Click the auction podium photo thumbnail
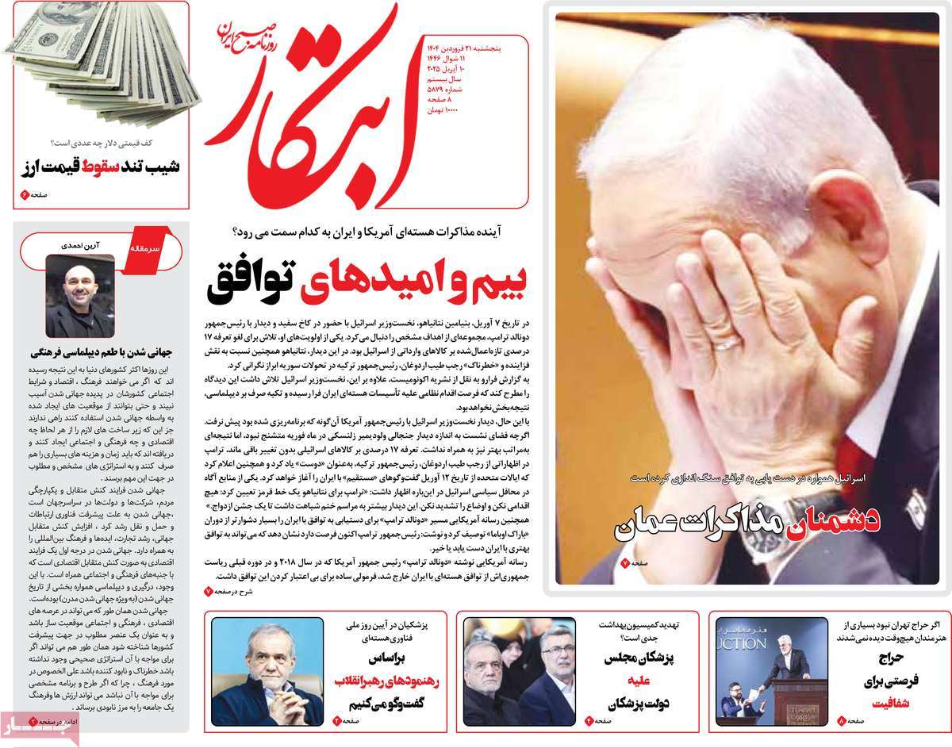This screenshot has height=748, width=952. tap(761, 672)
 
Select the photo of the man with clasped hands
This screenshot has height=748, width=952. tap(267, 671)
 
